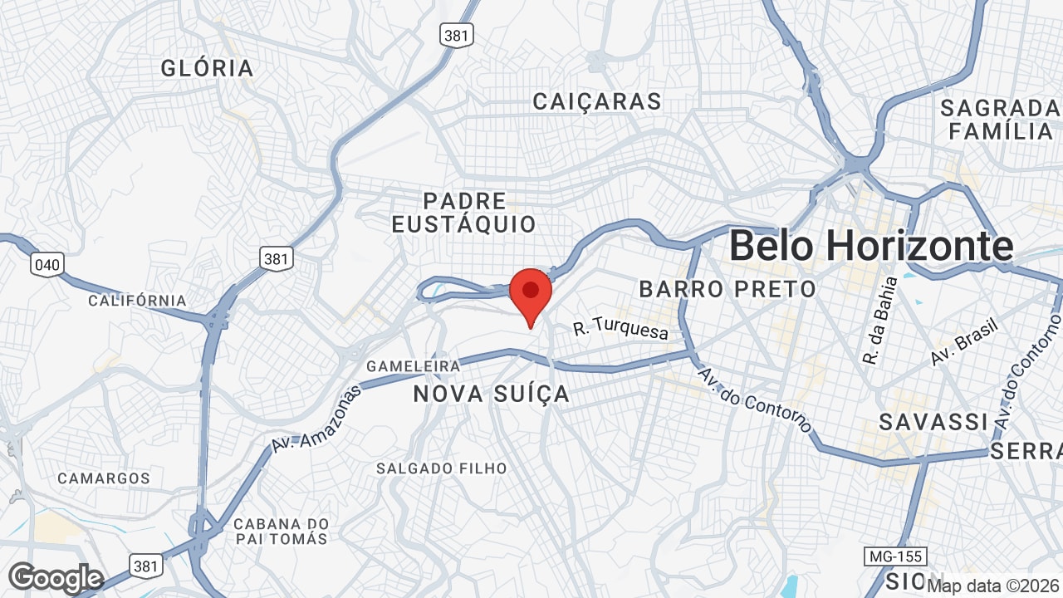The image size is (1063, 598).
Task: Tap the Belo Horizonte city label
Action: [871, 246]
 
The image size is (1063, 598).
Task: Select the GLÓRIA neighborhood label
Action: [208, 68]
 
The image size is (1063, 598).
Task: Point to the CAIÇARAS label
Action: [597, 101]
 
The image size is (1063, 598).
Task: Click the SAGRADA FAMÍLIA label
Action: [1000, 120]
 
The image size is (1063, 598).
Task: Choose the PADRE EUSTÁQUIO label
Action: [464, 213]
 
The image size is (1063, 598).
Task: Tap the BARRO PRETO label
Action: [727, 289]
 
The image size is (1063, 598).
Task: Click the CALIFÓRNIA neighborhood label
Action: [137, 300]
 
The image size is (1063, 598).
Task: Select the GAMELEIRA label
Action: [414, 366]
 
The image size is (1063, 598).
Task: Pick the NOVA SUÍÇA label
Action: [492, 394]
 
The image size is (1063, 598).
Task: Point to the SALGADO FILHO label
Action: [441, 468]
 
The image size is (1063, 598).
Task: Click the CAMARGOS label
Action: [104, 478]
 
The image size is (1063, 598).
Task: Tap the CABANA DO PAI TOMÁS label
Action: [281, 532]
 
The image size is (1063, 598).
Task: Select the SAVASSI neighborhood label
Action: [933, 422]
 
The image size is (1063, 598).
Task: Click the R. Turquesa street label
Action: [620, 330]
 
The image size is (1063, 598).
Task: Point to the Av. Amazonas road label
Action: [316, 419]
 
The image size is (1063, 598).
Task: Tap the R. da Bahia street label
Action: [880, 321]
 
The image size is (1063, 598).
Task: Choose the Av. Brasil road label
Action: [963, 341]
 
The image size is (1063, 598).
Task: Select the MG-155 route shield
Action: [894, 556]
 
